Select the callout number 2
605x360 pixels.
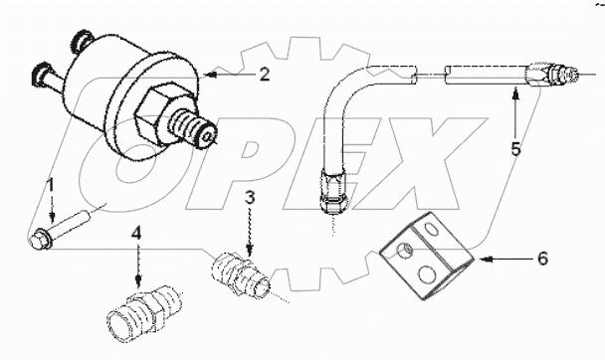(x=264, y=73)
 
